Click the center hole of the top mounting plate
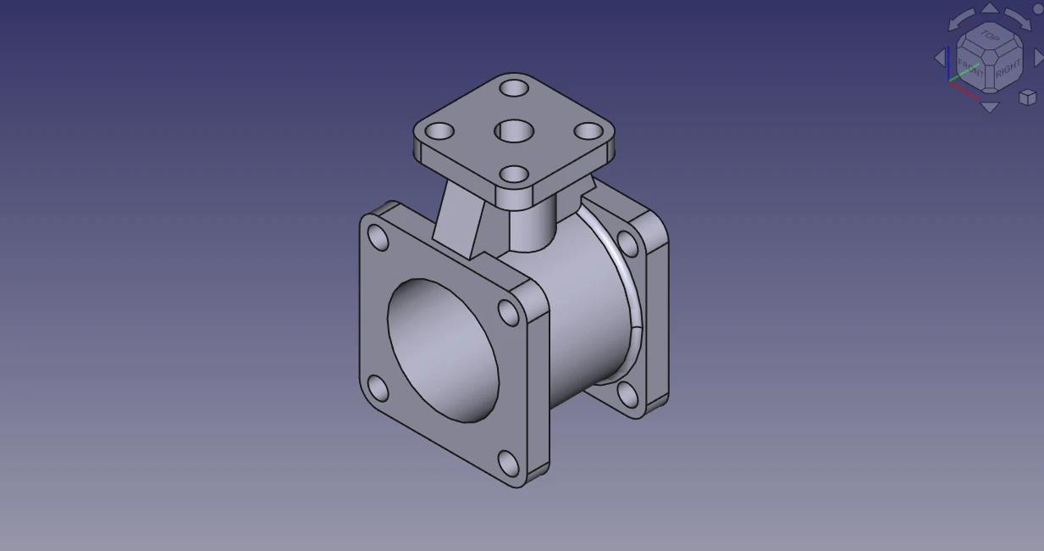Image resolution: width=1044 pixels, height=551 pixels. [x=514, y=131]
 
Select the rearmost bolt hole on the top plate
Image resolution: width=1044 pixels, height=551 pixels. [x=514, y=87]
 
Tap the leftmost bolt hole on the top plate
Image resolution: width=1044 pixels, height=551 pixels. [x=439, y=132]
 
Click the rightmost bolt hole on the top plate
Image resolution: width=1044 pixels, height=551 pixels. [x=588, y=131]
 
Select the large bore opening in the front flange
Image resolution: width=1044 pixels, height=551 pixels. [x=442, y=349]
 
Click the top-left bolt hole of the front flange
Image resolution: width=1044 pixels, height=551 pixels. [x=378, y=238]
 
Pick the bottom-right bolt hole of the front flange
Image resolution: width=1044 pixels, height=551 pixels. [x=508, y=463]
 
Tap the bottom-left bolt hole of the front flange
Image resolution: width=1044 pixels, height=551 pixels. [x=378, y=389]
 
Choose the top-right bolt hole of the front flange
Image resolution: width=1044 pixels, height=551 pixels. [x=509, y=312]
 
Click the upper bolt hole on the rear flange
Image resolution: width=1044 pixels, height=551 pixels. [x=627, y=243]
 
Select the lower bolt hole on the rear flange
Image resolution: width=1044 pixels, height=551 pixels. [x=627, y=394]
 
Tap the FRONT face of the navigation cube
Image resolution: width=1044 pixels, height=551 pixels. [x=970, y=67]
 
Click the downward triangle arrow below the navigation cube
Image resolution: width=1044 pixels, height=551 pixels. [x=989, y=108]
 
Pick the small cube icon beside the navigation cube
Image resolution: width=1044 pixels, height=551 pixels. [x=1027, y=97]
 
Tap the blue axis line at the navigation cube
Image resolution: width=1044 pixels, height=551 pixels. [x=948, y=64]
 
